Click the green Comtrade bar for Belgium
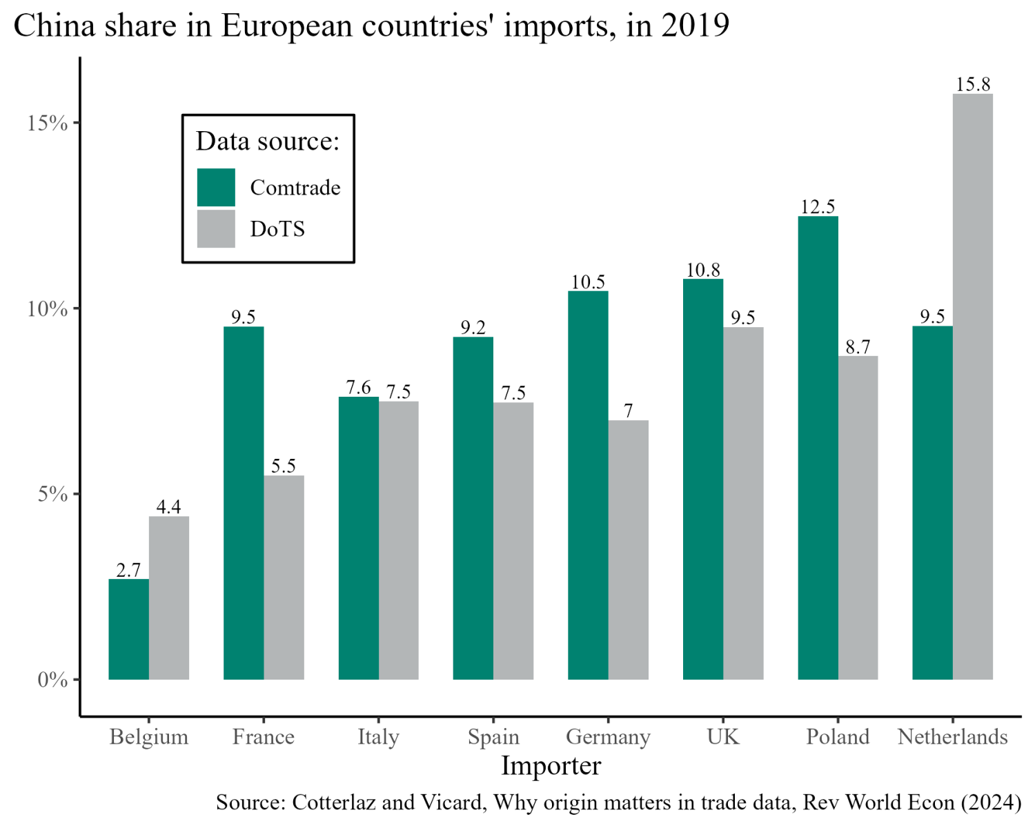[129, 629]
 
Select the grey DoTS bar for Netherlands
[973, 386]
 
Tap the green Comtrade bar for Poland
[818, 448]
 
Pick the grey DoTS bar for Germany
[629, 550]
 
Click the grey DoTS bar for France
[284, 578]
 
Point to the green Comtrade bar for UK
[703, 479]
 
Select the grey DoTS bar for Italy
[399, 540]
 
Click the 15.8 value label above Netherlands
[973, 84]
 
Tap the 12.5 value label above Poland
[818, 206]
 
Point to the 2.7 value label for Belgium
[128, 570]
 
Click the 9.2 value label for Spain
[473, 327]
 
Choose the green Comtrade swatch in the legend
[216, 187]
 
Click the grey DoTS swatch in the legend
[216, 228]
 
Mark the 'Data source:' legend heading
[268, 141]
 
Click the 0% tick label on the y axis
[52, 680]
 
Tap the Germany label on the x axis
[608, 737]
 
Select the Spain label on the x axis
[493, 737]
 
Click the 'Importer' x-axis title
[551, 766]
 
